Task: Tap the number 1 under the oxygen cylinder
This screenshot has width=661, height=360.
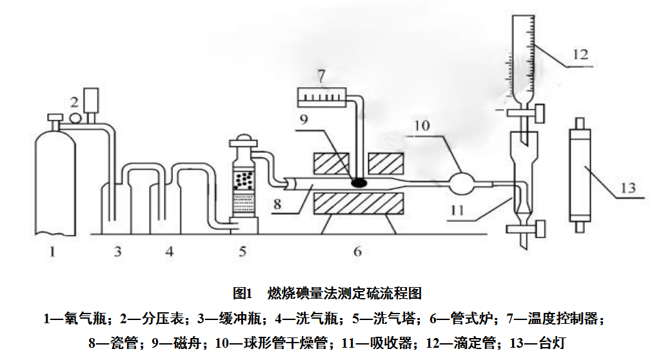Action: click(x=52, y=252)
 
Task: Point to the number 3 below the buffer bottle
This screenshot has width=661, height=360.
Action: click(x=118, y=252)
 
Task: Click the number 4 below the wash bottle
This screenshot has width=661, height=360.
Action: click(x=169, y=252)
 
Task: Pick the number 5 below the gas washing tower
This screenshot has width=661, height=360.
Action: click(x=242, y=252)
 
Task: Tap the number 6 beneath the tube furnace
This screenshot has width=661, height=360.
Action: click(x=357, y=252)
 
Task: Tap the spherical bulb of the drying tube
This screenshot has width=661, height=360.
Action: click(x=462, y=183)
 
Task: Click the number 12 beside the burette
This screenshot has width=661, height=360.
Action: click(x=579, y=55)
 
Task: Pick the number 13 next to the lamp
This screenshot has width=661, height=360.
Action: click(x=627, y=188)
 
